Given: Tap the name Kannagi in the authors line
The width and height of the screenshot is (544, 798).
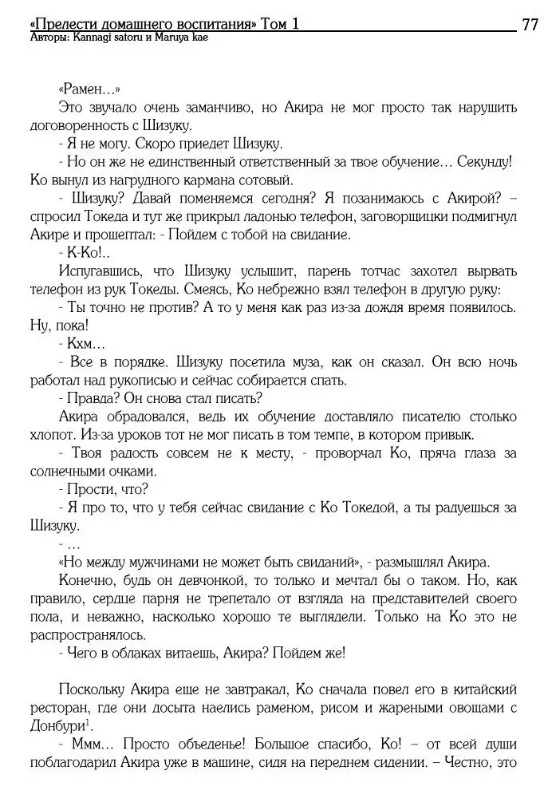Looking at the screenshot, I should (x=104, y=38).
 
